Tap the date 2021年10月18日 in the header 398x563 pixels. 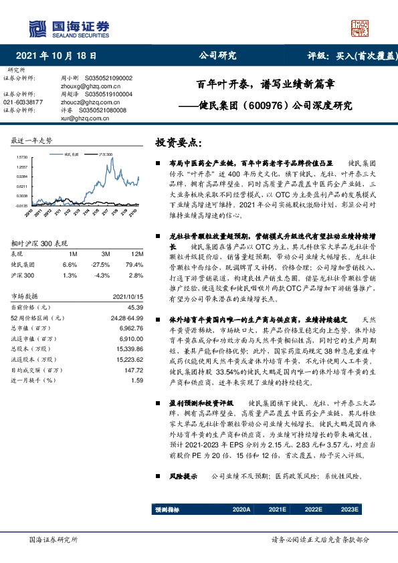click(60, 56)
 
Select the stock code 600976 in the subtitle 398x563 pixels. click(277, 105)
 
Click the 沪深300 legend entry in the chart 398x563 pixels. click(104, 154)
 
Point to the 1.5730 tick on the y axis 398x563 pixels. click(20, 157)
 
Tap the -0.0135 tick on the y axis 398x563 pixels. click(20, 206)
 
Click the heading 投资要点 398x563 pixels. click(177, 143)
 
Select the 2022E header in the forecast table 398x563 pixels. click(312, 510)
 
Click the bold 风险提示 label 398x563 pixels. click(181, 476)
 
